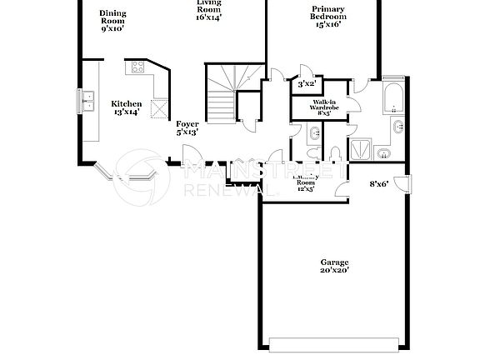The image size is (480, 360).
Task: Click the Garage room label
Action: point(334,262)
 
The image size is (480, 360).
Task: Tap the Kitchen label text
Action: point(127,104)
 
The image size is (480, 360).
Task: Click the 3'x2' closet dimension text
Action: point(306,83)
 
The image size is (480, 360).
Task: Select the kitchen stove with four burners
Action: point(137,66)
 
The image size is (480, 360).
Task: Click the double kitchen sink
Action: point(87,101)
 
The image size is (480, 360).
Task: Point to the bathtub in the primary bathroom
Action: point(392,99)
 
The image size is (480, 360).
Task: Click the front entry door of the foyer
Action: point(190,154)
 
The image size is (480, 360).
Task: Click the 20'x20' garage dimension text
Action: point(334,270)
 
